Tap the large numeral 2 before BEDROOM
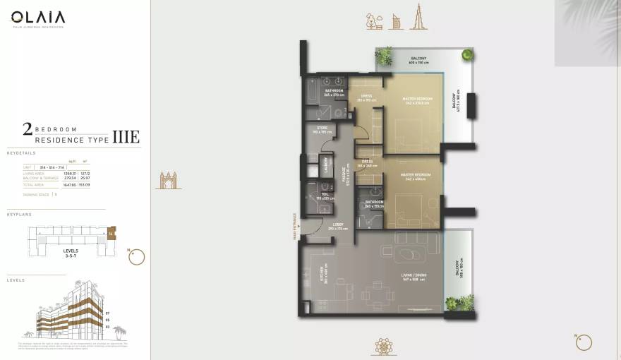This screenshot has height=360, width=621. (28, 128)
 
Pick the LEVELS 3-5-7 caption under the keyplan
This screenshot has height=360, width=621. (70, 253)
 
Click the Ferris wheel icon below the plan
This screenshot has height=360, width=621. (384, 347)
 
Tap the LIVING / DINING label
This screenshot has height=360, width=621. (413, 278)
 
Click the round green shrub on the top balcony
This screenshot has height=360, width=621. (467, 54)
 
